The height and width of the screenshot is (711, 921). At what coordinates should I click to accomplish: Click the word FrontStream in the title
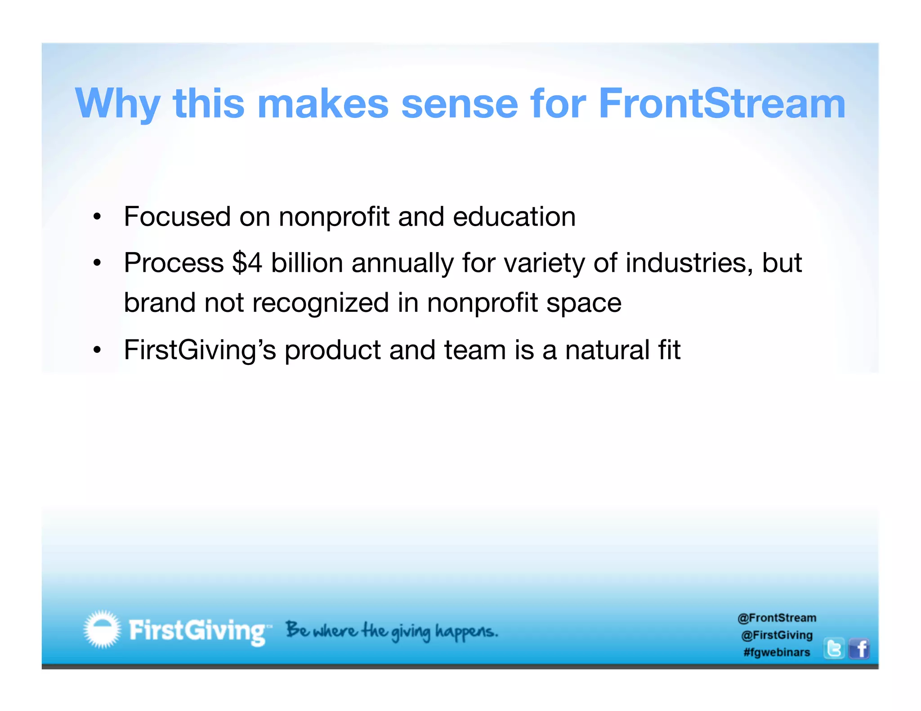click(722, 104)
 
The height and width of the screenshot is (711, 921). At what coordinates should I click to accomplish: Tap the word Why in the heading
click(118, 104)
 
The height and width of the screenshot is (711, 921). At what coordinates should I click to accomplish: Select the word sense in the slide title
click(459, 104)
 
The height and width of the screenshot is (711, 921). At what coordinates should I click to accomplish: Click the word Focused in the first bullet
click(177, 217)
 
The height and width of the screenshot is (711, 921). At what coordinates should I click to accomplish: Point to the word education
click(514, 217)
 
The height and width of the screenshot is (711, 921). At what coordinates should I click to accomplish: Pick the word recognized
click(320, 302)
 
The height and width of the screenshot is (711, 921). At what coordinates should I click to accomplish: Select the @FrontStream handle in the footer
click(777, 618)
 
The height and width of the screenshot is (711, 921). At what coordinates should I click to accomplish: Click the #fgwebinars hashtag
click(777, 652)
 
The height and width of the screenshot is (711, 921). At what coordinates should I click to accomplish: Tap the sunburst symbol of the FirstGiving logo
click(103, 629)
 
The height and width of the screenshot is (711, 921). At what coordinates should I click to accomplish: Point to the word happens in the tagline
click(466, 631)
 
